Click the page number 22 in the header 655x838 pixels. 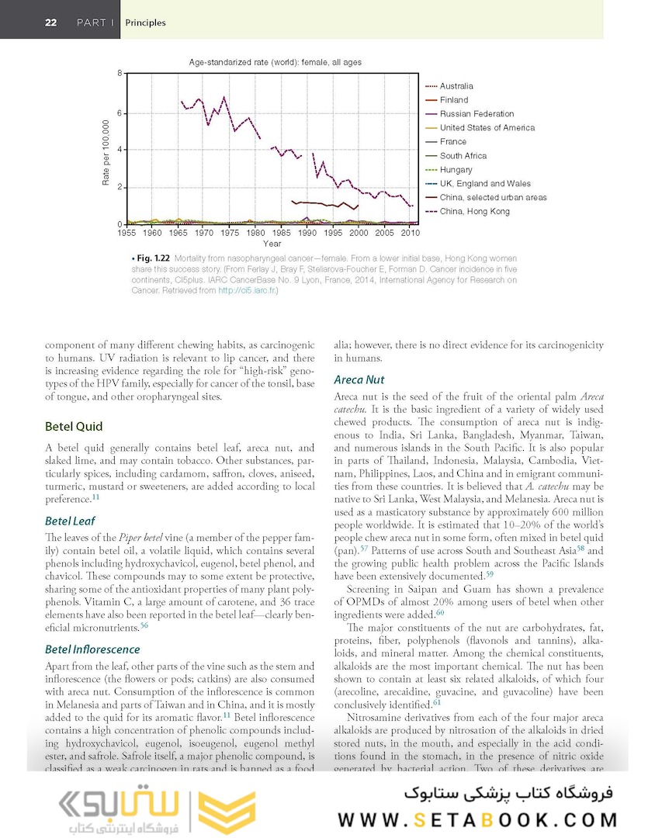tap(50, 23)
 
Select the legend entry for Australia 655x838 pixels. tap(456, 86)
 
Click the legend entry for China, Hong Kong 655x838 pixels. tap(474, 211)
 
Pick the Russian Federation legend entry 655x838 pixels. tap(477, 114)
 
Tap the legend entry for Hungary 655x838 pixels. tap(456, 169)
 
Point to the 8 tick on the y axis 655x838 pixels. tap(119, 73)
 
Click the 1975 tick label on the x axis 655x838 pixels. tap(229, 233)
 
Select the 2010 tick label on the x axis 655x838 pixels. tap(410, 233)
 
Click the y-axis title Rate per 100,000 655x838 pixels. tap(106, 152)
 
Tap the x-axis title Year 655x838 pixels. tap(272, 244)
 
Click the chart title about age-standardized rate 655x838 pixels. tap(275, 62)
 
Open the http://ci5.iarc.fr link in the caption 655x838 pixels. tap(247, 291)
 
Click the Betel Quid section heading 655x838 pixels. tap(74, 426)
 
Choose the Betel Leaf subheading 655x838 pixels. tap(71, 521)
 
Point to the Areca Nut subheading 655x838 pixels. tap(359, 379)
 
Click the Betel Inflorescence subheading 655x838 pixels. tap(92, 649)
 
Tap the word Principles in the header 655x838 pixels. tap(145, 23)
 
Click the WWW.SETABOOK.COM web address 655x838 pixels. tap(477, 820)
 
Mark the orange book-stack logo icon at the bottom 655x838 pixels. tap(228, 812)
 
